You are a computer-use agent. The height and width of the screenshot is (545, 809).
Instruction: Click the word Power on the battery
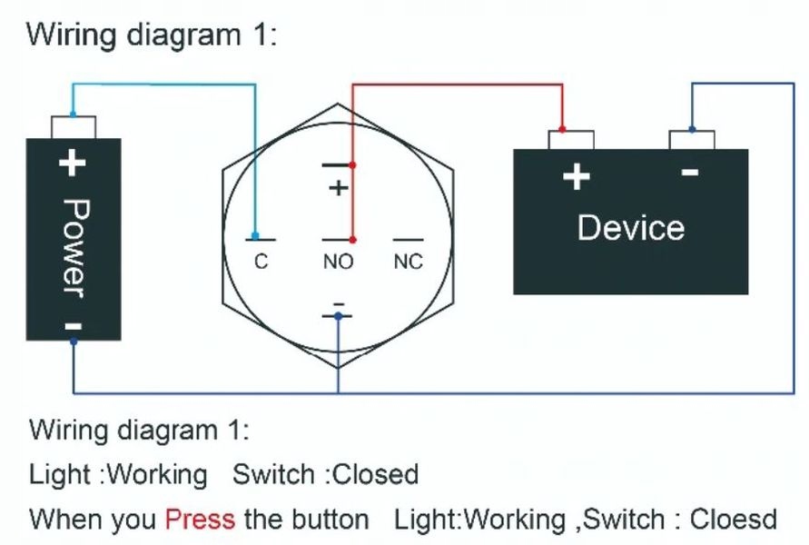[74, 247]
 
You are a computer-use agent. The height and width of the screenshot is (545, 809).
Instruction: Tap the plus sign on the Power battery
[72, 163]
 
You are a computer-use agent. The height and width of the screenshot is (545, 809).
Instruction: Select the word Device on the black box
[630, 227]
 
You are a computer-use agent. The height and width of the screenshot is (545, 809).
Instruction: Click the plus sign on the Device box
[576, 175]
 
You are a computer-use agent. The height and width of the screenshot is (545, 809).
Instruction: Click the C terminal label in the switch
[261, 263]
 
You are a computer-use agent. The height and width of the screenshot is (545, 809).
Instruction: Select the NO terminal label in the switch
[338, 263]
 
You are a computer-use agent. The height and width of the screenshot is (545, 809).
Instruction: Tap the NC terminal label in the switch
[409, 263]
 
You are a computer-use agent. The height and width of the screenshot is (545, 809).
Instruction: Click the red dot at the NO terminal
[353, 240]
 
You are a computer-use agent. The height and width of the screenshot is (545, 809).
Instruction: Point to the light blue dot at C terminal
[256, 236]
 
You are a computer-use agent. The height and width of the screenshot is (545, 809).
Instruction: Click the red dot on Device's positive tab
[563, 130]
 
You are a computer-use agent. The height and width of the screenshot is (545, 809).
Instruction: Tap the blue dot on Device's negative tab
[692, 130]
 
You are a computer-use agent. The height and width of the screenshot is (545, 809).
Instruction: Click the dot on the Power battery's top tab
[72, 115]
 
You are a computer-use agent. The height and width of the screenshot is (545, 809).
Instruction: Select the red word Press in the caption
[200, 520]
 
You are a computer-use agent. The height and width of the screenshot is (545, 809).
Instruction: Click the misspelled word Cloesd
[734, 520]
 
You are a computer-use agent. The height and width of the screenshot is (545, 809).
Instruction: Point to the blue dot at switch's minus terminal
[338, 316]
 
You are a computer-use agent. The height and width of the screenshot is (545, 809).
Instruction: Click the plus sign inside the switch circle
[338, 189]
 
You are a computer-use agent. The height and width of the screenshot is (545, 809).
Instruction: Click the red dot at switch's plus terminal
[353, 165]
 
